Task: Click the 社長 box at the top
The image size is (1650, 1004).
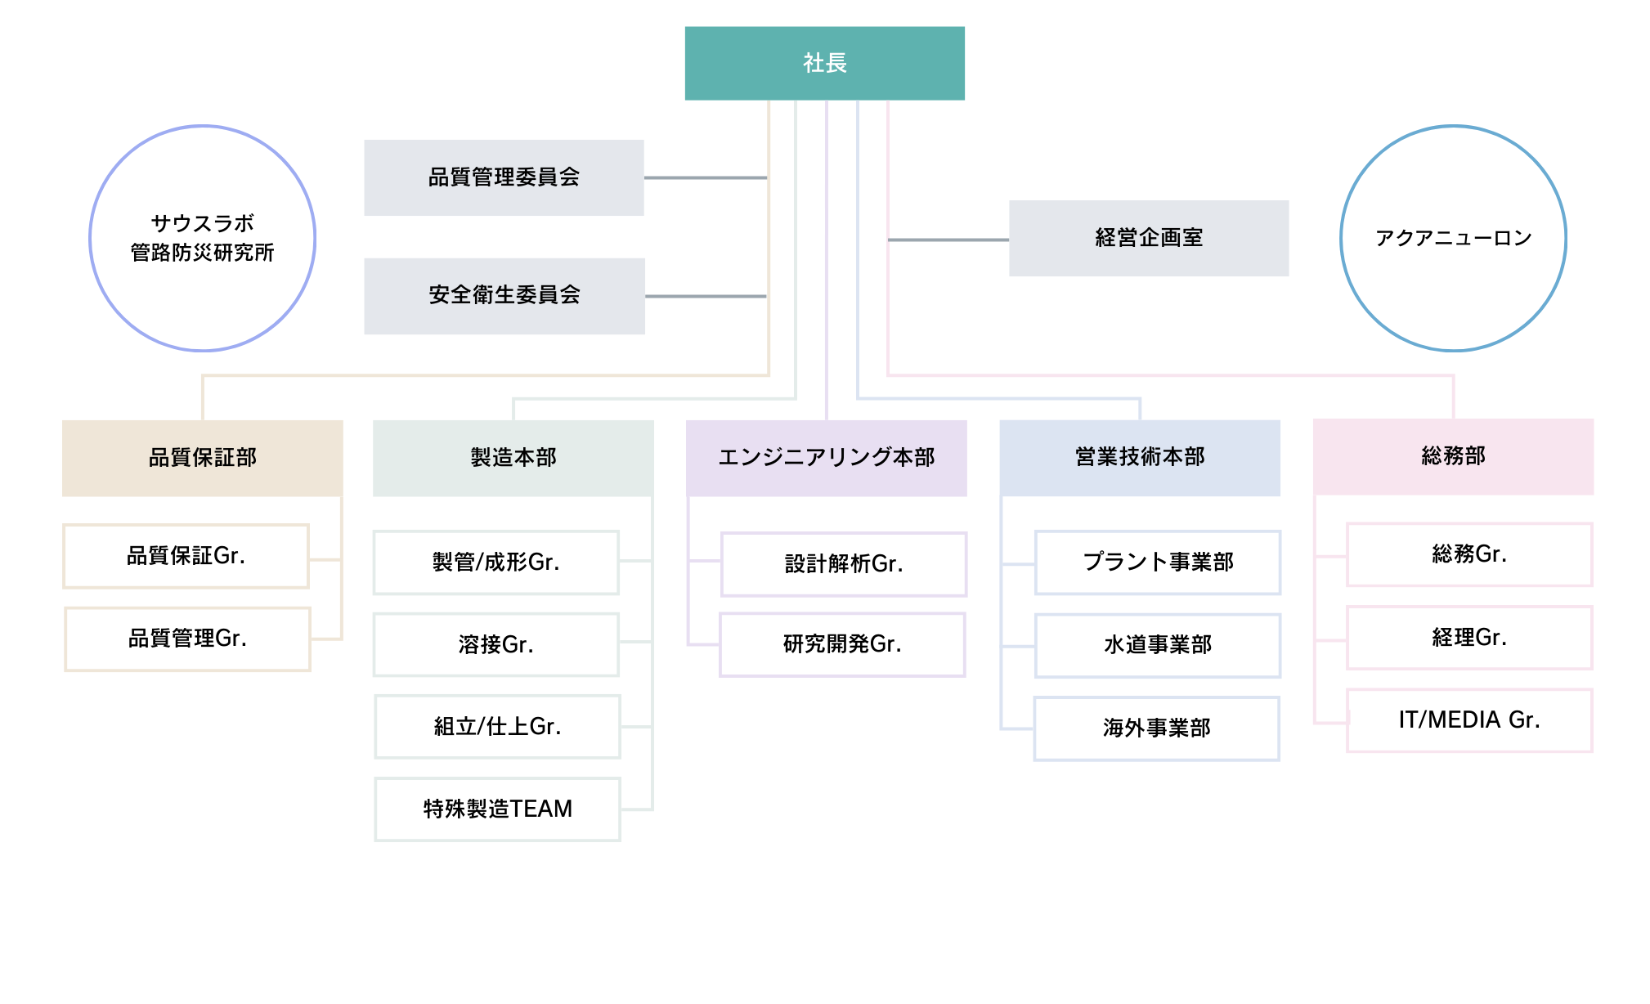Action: pos(824,63)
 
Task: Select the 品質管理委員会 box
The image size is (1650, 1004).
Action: pos(504,177)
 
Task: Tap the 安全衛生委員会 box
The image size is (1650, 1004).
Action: pos(504,296)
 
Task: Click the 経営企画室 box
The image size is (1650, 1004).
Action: pos(1148,238)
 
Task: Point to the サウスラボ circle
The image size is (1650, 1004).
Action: pos(202,238)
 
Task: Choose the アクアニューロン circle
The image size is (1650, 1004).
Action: pos(1453,238)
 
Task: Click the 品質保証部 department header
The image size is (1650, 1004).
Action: pos(202,458)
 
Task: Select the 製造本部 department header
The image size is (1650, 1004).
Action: pos(513,458)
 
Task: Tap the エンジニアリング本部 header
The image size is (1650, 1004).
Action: pos(826,458)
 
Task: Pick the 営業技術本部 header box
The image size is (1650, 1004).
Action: pos(1139,457)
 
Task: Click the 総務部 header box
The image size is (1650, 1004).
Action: pos(1453,456)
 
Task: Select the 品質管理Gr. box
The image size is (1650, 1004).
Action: pos(187,639)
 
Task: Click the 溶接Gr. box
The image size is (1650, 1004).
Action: pos(495,645)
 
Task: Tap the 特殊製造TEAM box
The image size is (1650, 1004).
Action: pos(497,809)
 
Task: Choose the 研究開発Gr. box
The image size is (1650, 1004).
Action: pos(842,644)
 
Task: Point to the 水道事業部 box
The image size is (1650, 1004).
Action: pos(1157,645)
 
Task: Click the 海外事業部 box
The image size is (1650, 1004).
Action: pos(1156,728)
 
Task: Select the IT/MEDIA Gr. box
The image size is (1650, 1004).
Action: pos(1469,720)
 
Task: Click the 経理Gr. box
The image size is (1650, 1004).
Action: pos(1469,638)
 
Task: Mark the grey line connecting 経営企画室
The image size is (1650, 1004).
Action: pos(948,240)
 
